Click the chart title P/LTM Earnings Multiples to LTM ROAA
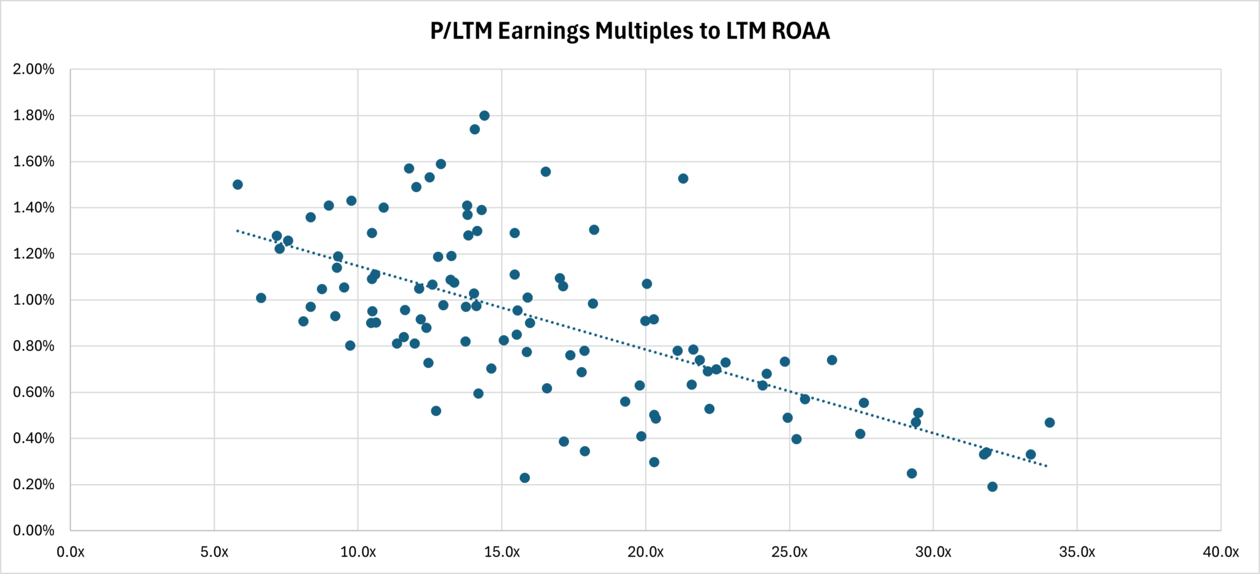click(630, 31)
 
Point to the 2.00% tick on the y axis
click(34, 70)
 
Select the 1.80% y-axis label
click(34, 116)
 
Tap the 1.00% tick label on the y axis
click(34, 300)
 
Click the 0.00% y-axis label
click(34, 531)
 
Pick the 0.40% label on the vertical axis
click(34, 439)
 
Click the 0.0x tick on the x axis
click(71, 552)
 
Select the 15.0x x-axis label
click(502, 552)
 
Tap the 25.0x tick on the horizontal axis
click(789, 552)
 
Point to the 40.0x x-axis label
click(1221, 552)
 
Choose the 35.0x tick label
click(1077, 552)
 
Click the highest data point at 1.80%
click(484, 116)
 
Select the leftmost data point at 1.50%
click(237, 185)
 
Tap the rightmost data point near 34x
click(1050, 423)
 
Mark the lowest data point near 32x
click(992, 487)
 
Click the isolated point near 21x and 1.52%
click(683, 178)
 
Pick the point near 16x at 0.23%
click(525, 478)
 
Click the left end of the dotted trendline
click(237, 231)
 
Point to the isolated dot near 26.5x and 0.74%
click(832, 360)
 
